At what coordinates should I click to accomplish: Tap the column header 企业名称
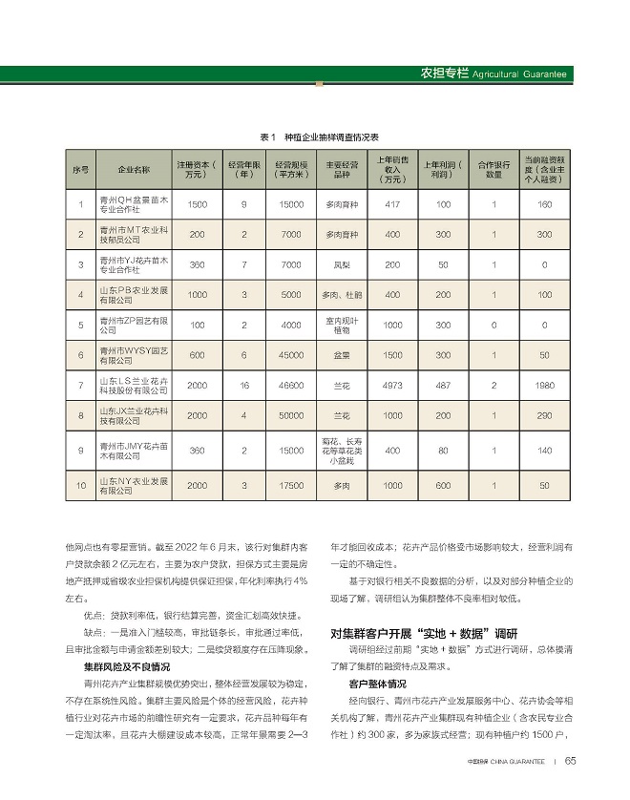click(x=133, y=170)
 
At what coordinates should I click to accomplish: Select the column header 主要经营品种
click(x=341, y=170)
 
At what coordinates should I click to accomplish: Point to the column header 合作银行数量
click(x=493, y=170)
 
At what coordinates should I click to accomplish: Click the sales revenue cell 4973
click(x=391, y=386)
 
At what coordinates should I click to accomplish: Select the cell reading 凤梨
click(x=341, y=264)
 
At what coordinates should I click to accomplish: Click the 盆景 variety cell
click(x=341, y=355)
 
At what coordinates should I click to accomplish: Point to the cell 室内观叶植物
click(x=341, y=325)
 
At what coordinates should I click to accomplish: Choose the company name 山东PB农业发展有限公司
click(x=134, y=295)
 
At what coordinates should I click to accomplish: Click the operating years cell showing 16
click(x=244, y=386)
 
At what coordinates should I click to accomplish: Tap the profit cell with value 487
click(x=443, y=386)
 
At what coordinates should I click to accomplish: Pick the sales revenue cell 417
click(x=391, y=205)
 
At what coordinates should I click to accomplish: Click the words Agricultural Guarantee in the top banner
click(x=520, y=74)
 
